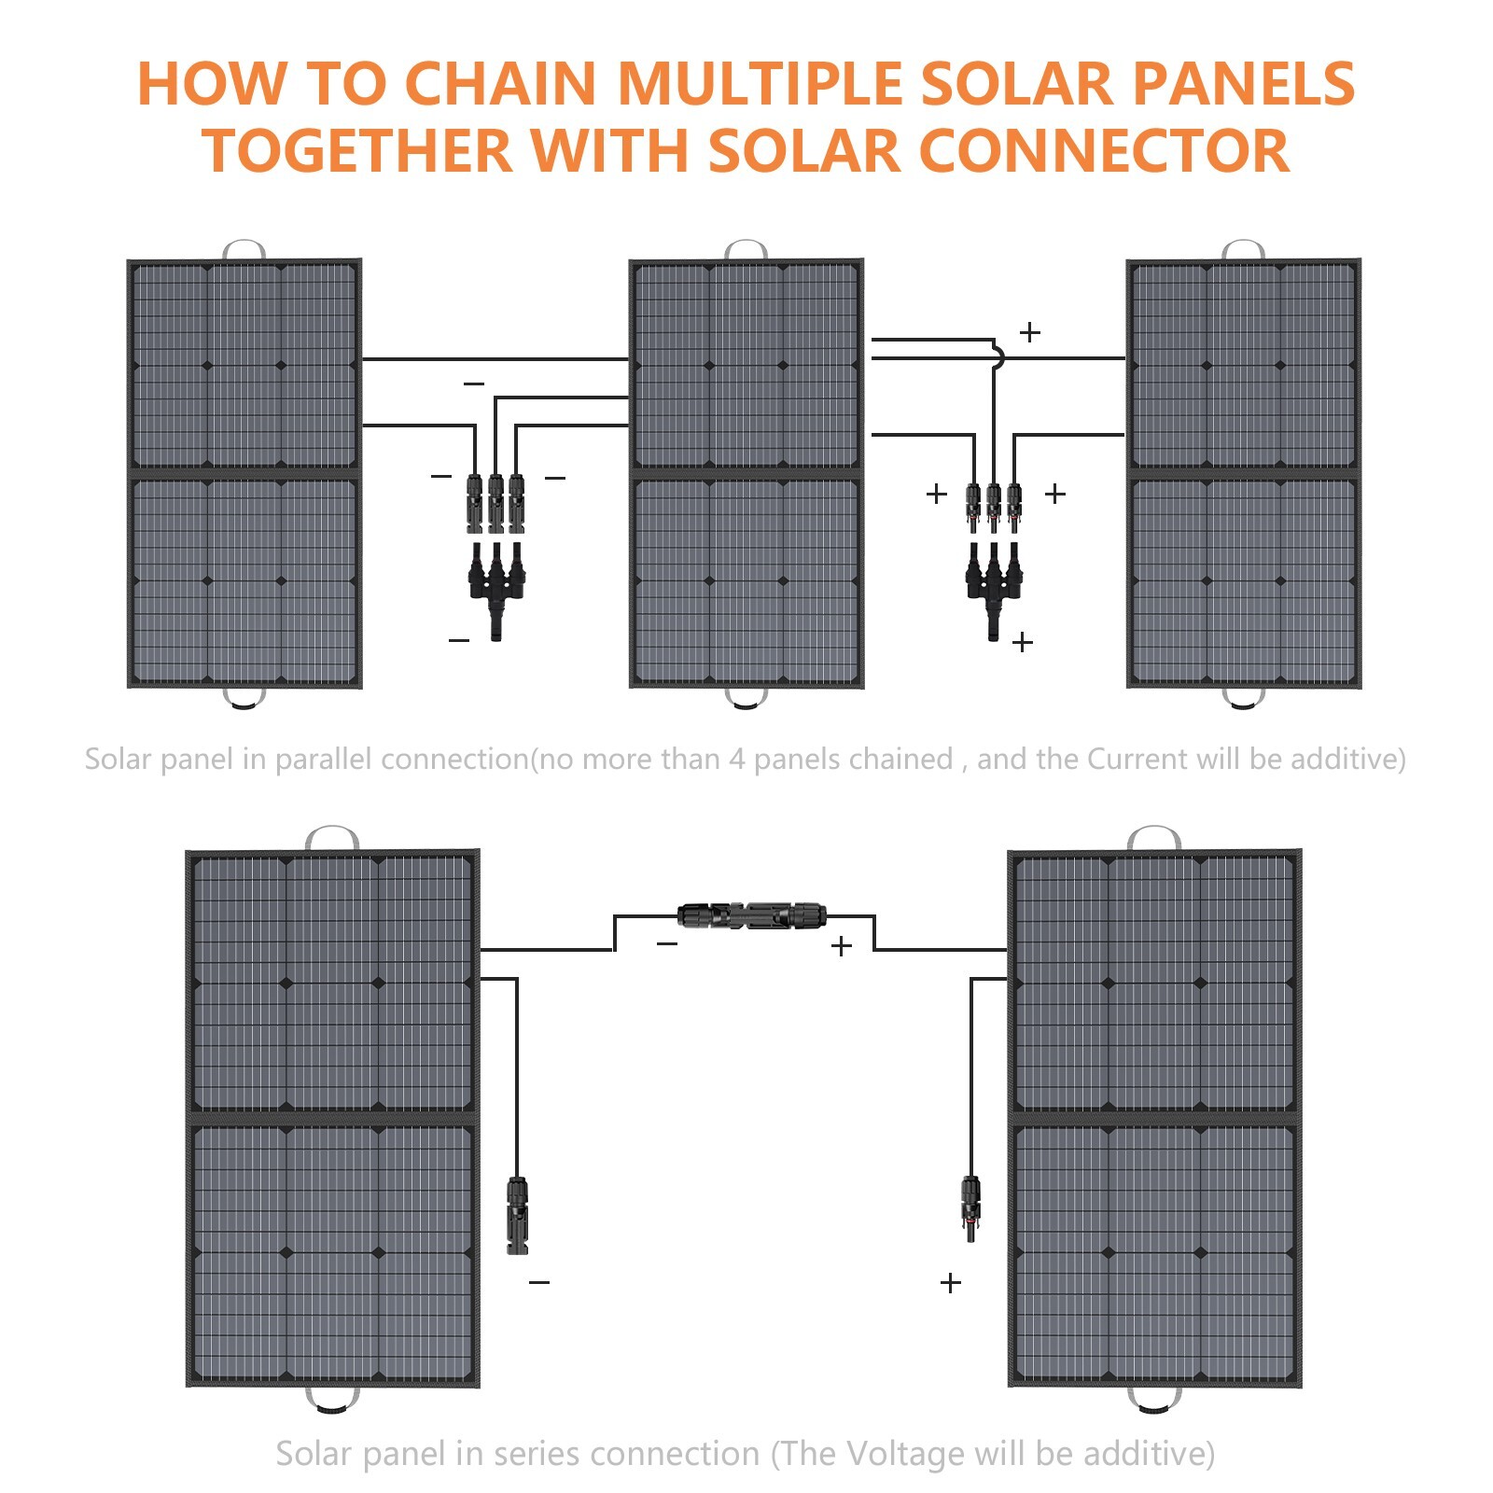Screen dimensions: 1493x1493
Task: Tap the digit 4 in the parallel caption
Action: [736, 760]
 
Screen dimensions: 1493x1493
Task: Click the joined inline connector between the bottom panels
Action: [752, 915]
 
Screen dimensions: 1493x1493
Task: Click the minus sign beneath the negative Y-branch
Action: [459, 640]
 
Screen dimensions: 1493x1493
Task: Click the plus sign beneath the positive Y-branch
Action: [1023, 642]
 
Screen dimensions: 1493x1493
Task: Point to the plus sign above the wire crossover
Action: [1030, 332]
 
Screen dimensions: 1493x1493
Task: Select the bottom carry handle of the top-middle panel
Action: [746, 700]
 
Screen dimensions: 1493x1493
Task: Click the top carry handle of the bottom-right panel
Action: [1154, 836]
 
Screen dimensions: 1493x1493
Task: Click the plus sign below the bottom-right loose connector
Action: [950, 1283]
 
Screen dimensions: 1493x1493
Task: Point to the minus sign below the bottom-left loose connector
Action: [539, 1283]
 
